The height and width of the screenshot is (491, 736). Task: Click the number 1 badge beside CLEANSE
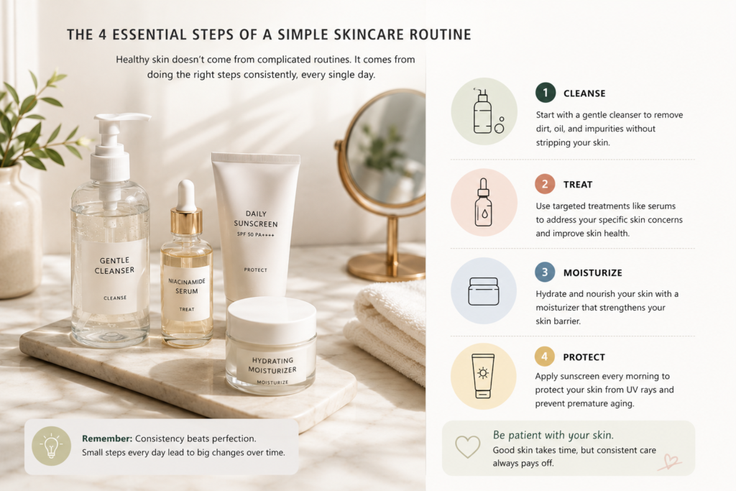546,93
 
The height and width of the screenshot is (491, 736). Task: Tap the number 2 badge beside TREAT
545,184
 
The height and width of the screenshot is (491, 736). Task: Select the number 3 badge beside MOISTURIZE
545,272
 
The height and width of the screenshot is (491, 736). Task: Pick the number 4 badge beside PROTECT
545,357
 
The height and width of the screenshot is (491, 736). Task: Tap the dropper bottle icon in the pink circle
484,202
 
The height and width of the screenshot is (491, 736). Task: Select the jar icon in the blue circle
484,291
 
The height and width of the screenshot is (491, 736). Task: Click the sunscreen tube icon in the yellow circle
483,376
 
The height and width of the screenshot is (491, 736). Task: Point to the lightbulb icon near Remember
51,446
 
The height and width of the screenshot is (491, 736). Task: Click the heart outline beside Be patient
467,446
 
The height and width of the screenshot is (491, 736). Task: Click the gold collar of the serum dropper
186,222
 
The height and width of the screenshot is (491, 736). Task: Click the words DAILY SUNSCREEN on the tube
256,219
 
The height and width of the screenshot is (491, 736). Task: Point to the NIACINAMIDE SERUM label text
187,286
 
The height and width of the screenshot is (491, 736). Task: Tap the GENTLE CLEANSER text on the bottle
114,265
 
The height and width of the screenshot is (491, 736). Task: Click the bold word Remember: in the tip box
107,439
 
